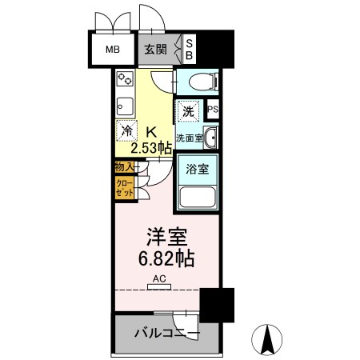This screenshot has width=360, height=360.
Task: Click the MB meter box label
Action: [113, 48]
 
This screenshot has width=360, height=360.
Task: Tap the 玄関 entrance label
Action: [154, 48]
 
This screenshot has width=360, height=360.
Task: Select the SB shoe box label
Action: [190, 48]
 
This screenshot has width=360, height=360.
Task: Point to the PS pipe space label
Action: [214, 110]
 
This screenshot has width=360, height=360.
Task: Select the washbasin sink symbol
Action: [210, 138]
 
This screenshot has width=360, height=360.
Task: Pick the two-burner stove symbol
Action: [126, 80]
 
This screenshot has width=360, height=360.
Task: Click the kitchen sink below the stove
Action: [124, 105]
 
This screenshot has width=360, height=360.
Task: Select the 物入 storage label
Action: [124, 167]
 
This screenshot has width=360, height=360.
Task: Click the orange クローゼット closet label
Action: [124, 188]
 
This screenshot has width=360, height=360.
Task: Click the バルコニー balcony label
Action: [166, 334]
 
